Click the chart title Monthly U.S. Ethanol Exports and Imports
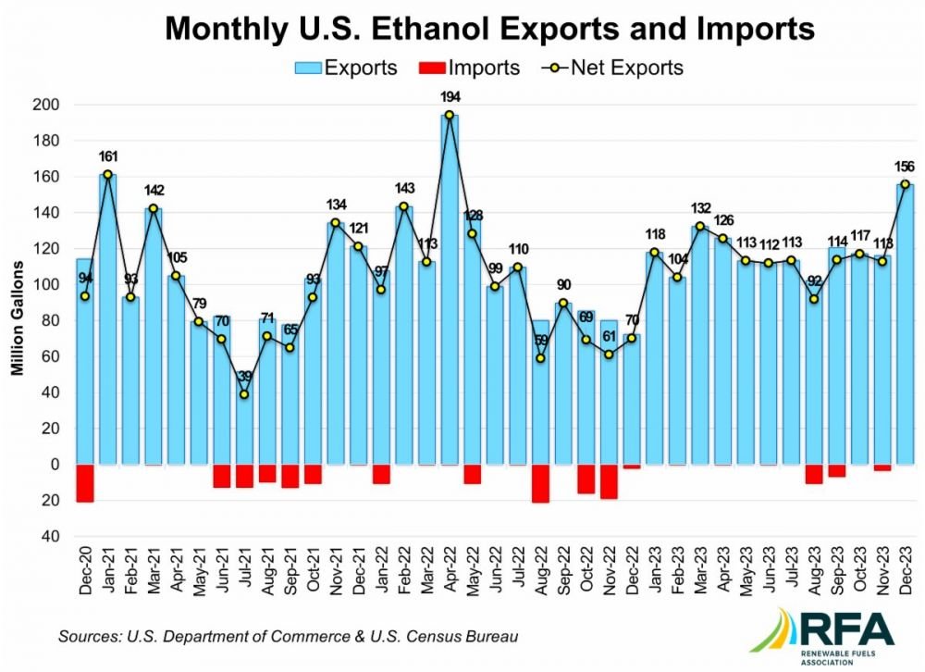tap(489, 28)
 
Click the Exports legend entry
tap(346, 68)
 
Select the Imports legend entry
tap(470, 68)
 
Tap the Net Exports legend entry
tap(612, 68)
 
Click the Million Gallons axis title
tap(17, 317)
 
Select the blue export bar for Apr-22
tap(450, 290)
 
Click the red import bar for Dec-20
tap(85, 483)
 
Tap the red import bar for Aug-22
tap(540, 483)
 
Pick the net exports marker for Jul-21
tap(244, 394)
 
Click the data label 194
tap(450, 97)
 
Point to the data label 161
tap(108, 156)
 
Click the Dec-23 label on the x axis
tap(906, 569)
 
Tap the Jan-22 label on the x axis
tap(382, 569)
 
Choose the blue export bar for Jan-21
tap(108, 319)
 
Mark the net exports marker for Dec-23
tap(905, 184)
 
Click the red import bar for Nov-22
tap(609, 482)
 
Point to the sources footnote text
tap(288, 637)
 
